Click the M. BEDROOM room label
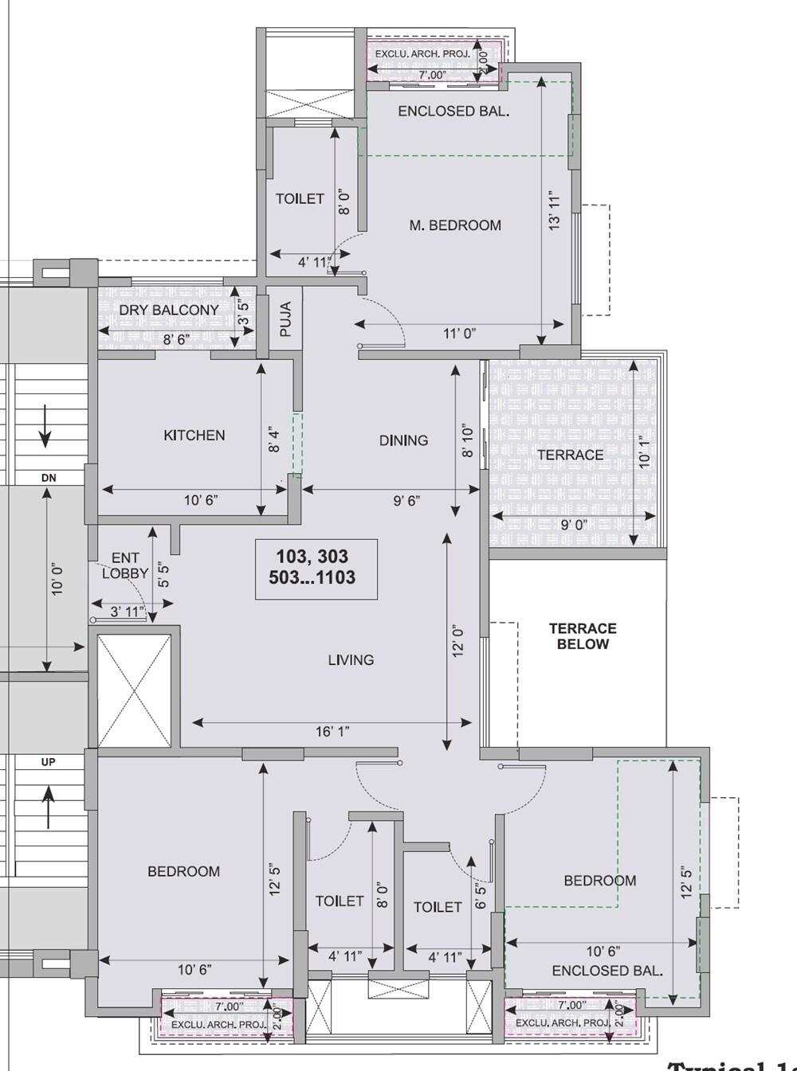coord(455,225)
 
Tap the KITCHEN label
coord(194,436)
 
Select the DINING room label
coord(403,440)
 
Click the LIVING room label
coord(351,660)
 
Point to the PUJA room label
coord(286,319)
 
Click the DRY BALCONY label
coord(169,310)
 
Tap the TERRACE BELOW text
coord(583,636)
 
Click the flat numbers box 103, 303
coord(316,568)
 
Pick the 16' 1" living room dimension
coord(332,732)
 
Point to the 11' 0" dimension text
coord(459,334)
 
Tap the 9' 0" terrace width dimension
coord(574,526)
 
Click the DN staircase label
coord(49,478)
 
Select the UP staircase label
coord(49,762)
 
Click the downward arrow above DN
coord(45,427)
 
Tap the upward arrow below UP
coord(49,806)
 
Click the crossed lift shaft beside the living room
coord(134,690)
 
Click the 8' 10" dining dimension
coord(468,442)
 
